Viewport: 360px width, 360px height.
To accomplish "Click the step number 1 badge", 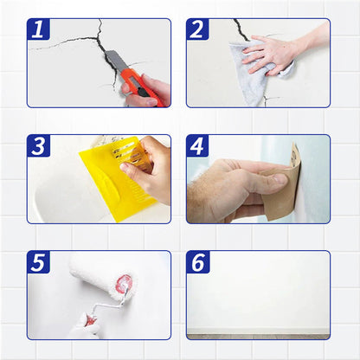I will [x=38, y=29].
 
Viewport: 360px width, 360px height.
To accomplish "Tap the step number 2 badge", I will [x=197, y=29].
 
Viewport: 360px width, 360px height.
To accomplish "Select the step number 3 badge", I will [x=38, y=145].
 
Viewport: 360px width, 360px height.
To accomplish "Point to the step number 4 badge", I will [x=197, y=145].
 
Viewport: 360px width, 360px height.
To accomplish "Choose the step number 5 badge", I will [x=38, y=262].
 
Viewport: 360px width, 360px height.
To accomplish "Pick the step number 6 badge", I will [x=197, y=262].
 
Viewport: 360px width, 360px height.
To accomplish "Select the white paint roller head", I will [x=96, y=272].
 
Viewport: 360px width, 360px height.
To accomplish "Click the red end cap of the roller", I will [x=125, y=284].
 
